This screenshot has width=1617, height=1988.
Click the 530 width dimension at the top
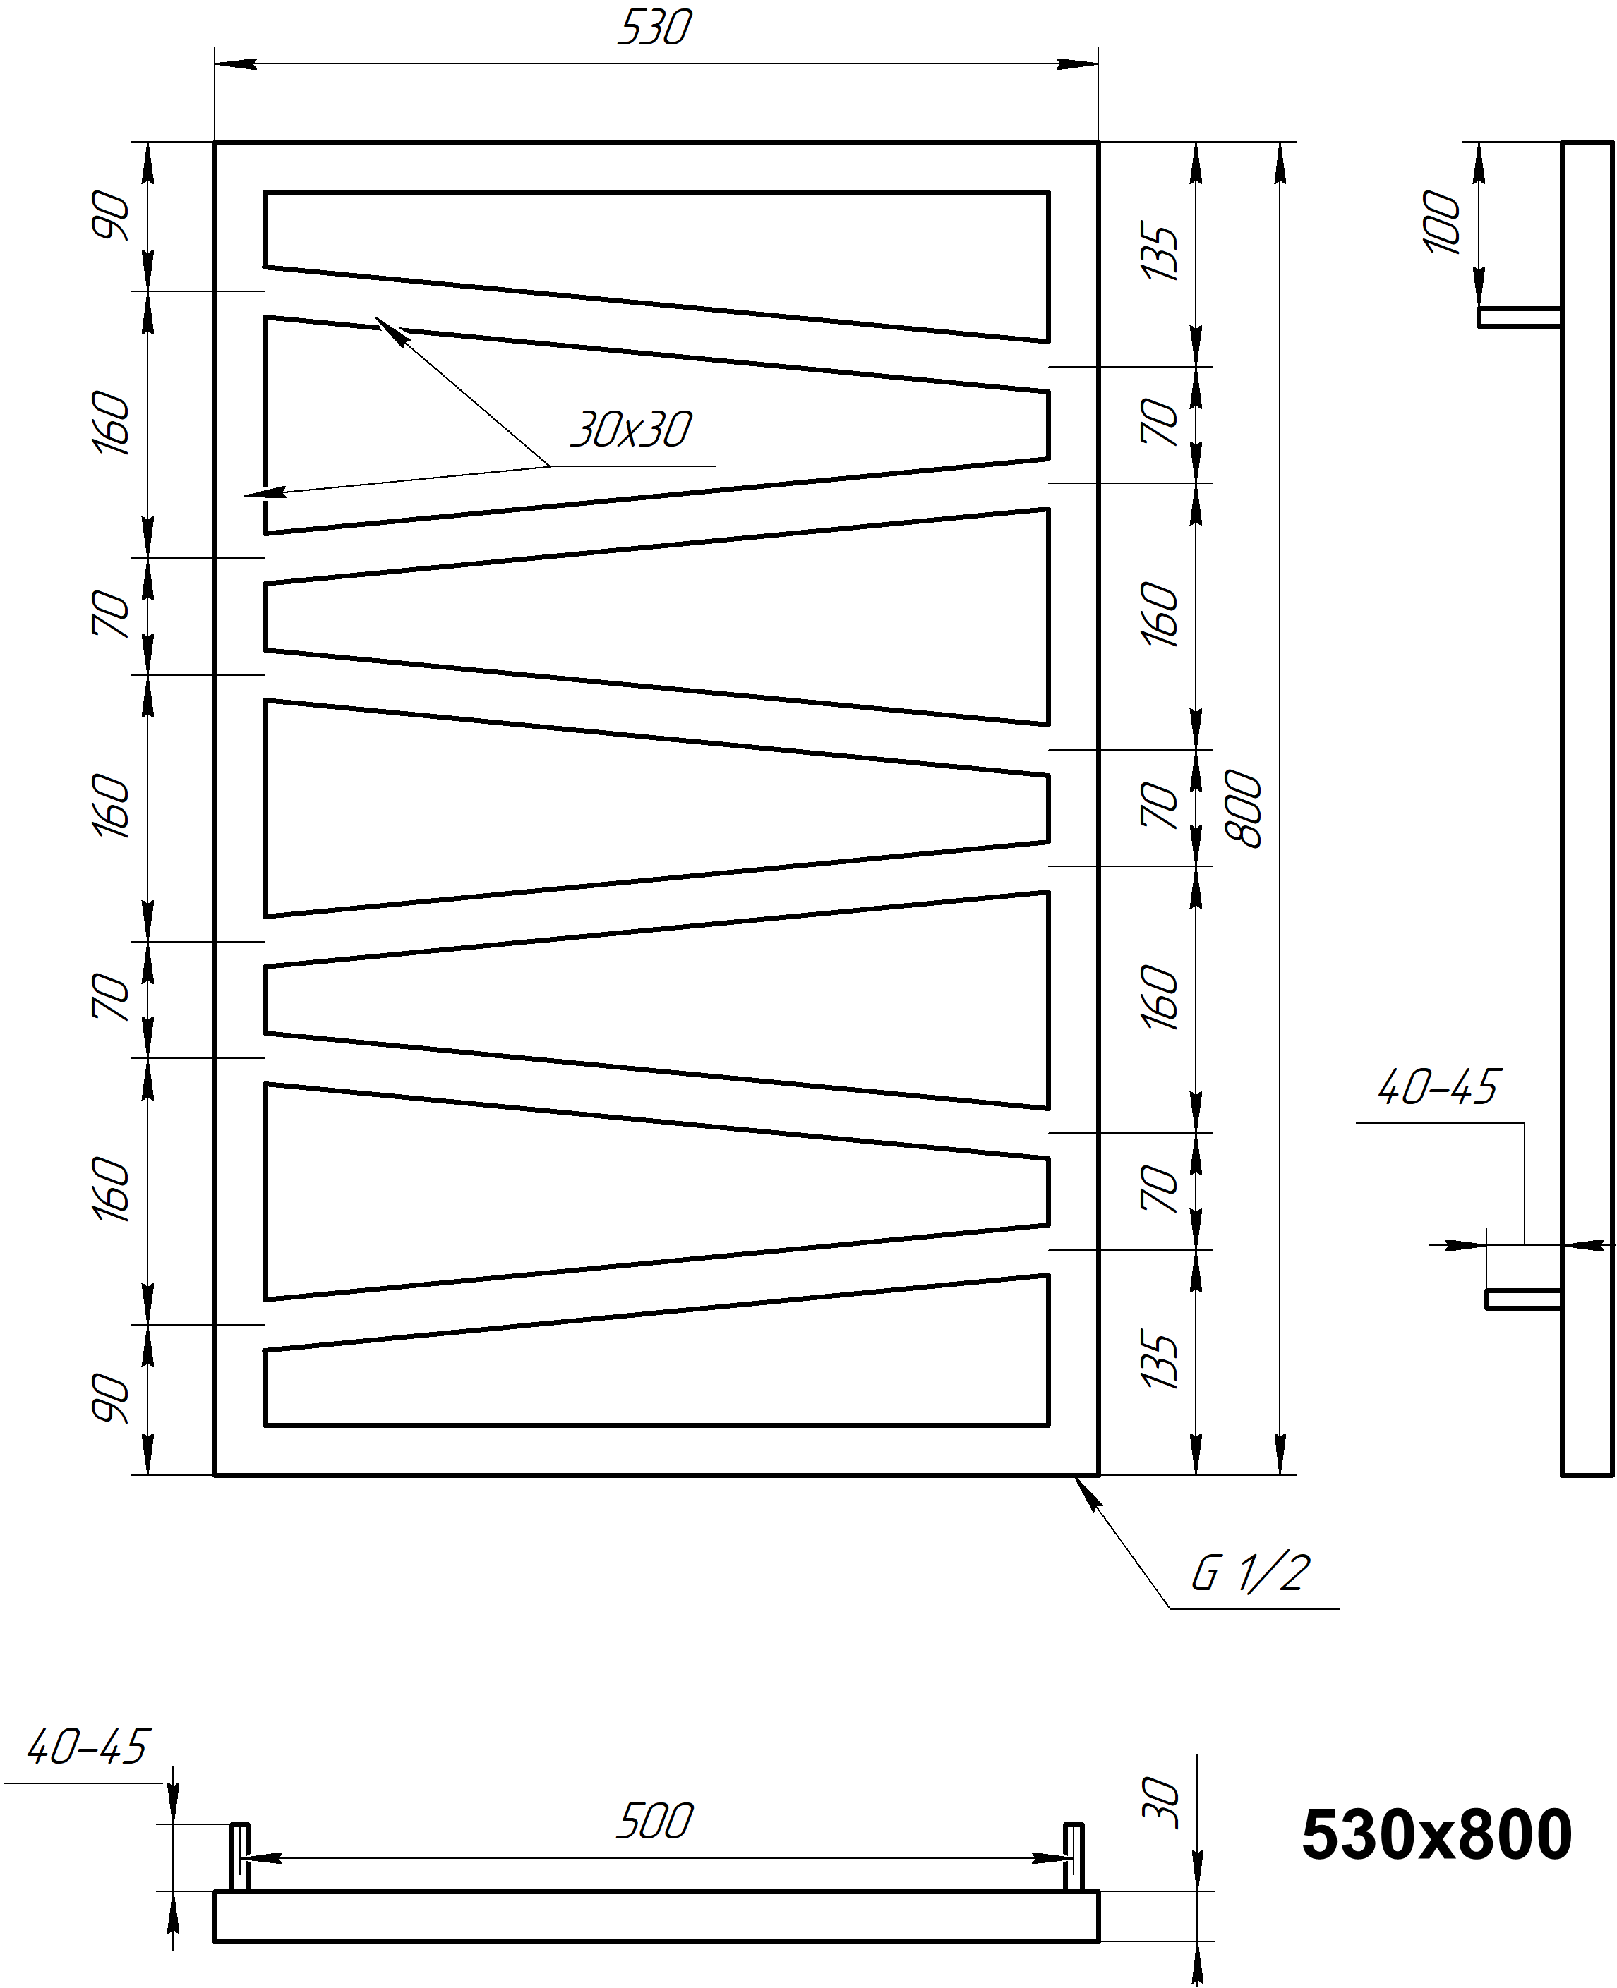(x=655, y=28)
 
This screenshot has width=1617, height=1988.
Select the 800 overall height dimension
(x=1244, y=809)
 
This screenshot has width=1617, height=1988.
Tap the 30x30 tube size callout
(x=632, y=429)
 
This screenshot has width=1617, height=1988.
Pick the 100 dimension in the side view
(x=1442, y=222)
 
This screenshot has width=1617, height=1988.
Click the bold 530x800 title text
(x=1436, y=1836)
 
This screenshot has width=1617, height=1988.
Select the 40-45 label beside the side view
(x=1438, y=1086)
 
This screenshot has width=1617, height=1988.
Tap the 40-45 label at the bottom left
(x=88, y=1747)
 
